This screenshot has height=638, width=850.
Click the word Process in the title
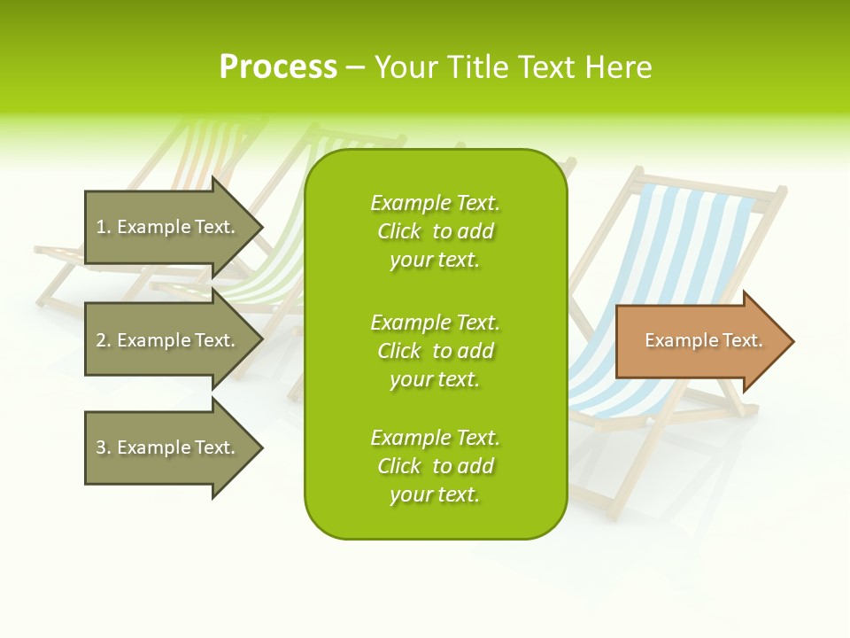278,67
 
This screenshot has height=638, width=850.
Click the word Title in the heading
478,67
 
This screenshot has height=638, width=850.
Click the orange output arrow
699,341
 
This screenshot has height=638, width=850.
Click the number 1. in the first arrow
104,228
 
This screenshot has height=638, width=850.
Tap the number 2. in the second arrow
104,341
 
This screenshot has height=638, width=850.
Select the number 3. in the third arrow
104,448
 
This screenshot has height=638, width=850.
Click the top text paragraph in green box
435,231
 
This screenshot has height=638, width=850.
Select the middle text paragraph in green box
435,351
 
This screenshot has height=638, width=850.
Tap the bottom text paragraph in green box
435,466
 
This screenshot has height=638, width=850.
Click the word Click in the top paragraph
399,231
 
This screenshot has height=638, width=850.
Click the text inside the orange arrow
703,340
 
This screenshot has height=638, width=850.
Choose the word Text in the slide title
546,67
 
